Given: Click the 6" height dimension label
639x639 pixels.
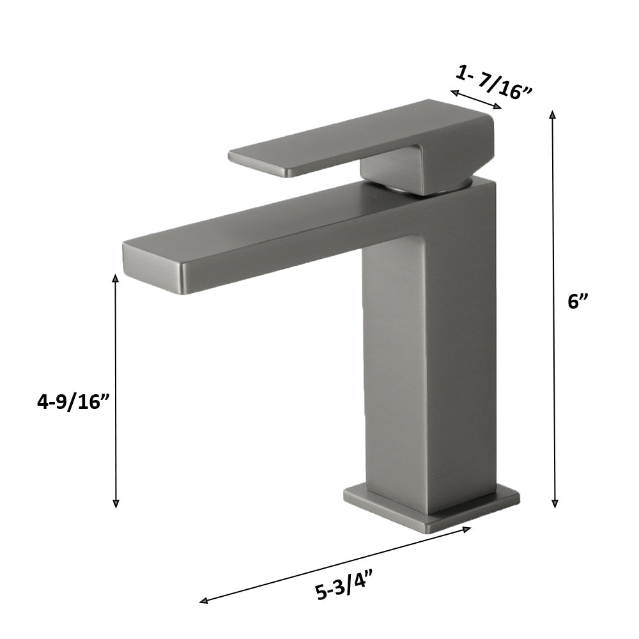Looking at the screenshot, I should (578, 302).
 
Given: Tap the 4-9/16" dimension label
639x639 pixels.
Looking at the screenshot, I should (73, 403).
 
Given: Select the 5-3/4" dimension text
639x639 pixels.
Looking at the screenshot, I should (344, 586).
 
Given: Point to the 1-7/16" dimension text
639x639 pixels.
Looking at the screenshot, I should (494, 82).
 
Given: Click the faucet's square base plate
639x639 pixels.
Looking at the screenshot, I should (431, 508).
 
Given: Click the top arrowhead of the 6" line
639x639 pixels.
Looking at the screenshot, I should (553, 114).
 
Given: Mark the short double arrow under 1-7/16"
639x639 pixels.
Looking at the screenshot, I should (476, 100).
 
